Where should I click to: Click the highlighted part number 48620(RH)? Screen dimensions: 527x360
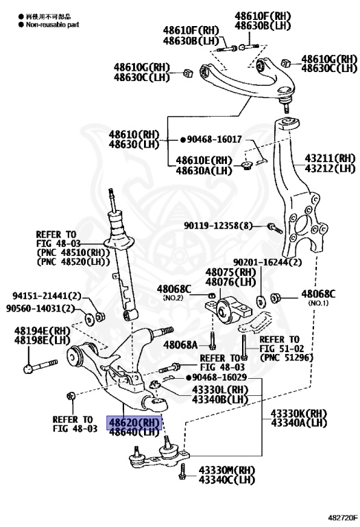(x=132, y=423)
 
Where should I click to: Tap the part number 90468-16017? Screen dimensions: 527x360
(x=214, y=139)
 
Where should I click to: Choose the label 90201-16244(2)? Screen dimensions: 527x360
(x=267, y=261)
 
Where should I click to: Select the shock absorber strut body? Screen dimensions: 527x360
(x=119, y=268)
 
